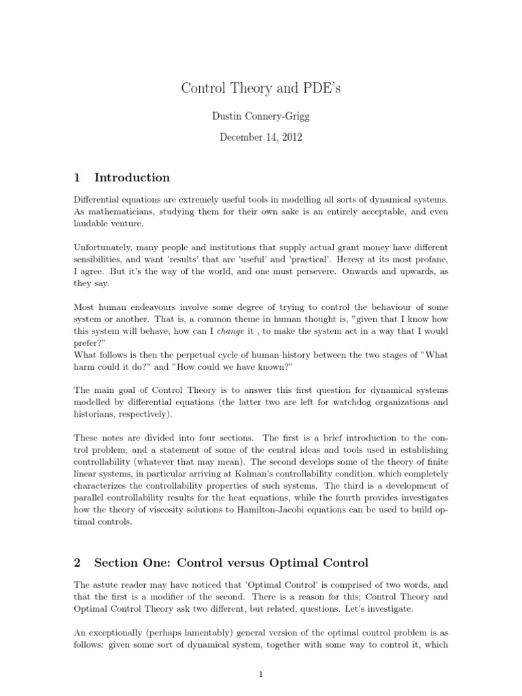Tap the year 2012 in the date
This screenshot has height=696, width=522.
(x=288, y=137)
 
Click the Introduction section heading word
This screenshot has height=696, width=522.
(x=132, y=177)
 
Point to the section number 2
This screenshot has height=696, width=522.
(x=77, y=562)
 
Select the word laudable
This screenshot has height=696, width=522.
(x=91, y=222)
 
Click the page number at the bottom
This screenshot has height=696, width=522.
(x=260, y=674)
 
